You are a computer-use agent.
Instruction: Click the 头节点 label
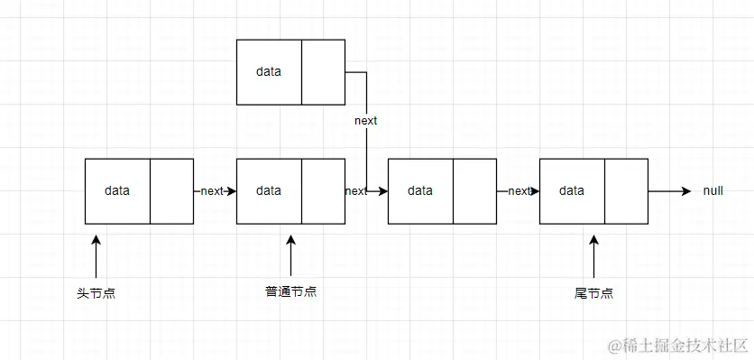(96, 293)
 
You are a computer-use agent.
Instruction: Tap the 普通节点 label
(290, 291)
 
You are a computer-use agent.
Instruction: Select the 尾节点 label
(593, 293)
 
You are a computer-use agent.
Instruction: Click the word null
(713, 191)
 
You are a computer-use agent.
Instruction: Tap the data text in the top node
(268, 71)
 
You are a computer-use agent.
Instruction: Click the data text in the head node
(117, 190)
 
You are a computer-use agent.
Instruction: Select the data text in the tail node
(572, 190)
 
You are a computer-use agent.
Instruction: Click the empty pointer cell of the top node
(323, 71)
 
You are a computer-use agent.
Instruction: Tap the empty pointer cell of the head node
(171, 190)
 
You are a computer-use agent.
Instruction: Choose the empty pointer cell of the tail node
(626, 190)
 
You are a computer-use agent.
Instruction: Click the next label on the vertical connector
(365, 120)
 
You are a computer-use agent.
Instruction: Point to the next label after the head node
(212, 190)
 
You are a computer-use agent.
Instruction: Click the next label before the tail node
(519, 190)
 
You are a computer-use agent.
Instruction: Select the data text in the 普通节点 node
(268, 190)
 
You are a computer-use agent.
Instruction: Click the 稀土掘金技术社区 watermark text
(678, 345)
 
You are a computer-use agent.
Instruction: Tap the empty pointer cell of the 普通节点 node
(323, 190)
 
